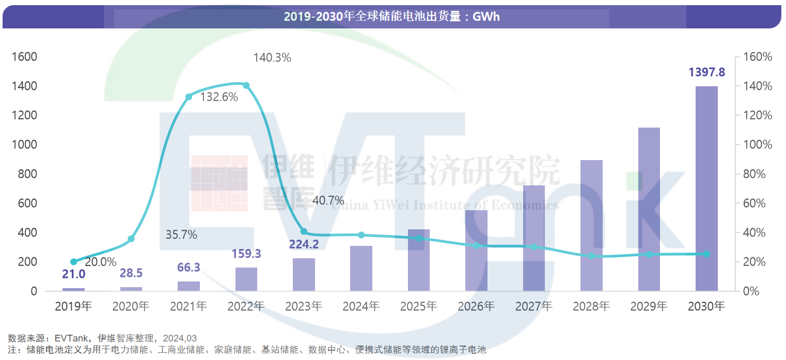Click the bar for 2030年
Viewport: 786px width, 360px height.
click(706, 189)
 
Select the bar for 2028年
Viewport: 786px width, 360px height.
click(591, 226)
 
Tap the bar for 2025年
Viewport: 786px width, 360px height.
click(419, 260)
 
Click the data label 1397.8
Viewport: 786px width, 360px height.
click(706, 72)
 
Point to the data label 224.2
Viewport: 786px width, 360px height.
click(304, 243)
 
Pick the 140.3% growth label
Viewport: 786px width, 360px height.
click(272, 58)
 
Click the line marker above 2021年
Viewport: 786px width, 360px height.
click(188, 97)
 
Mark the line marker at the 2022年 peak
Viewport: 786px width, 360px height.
click(246, 85)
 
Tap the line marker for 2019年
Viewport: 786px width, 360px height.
click(73, 262)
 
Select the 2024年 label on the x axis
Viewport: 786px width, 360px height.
click(361, 306)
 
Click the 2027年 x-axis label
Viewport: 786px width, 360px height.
click(533, 306)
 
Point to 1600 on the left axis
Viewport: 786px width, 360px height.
click(24, 57)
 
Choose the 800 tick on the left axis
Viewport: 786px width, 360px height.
click(27, 174)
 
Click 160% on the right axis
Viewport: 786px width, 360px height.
click(757, 57)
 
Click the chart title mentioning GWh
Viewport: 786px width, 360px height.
click(391, 17)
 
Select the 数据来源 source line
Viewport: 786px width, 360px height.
click(102, 338)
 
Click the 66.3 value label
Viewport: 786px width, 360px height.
click(188, 268)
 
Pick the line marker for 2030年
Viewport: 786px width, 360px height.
click(706, 254)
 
